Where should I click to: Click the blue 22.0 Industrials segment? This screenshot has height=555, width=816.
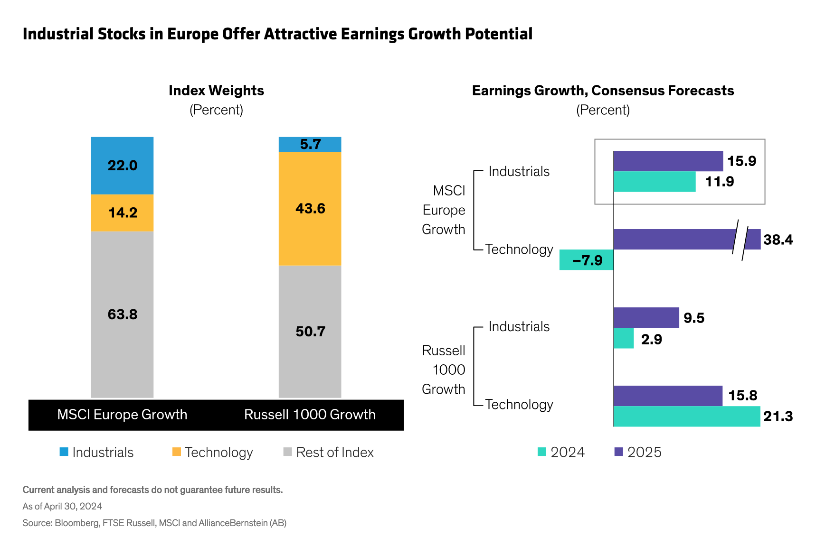(x=122, y=165)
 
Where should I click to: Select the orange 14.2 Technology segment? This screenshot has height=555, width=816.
(x=122, y=213)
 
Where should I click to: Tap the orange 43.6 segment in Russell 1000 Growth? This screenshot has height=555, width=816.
(x=310, y=208)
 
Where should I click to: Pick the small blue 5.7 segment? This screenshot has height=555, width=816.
(x=310, y=144)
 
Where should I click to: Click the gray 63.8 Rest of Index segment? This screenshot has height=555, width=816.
(x=122, y=314)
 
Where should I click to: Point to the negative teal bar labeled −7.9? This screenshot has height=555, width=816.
(x=586, y=260)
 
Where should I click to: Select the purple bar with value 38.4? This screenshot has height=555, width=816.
(x=674, y=240)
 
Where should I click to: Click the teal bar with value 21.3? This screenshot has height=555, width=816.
(x=686, y=416)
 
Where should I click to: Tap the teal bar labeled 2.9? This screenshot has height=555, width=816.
(x=624, y=339)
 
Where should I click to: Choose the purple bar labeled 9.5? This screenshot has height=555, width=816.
(x=646, y=317)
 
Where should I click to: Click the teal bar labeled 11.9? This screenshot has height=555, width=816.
(x=654, y=182)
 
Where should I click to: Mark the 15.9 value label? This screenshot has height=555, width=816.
(x=741, y=161)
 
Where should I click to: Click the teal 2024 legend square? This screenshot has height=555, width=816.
(x=542, y=452)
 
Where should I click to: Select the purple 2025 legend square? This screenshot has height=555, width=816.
(x=618, y=452)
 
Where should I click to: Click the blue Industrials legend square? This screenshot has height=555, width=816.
(x=64, y=452)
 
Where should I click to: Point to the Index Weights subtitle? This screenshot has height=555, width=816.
(x=216, y=91)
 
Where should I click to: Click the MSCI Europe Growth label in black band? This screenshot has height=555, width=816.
(x=122, y=415)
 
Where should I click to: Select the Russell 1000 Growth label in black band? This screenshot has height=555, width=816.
(x=310, y=415)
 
